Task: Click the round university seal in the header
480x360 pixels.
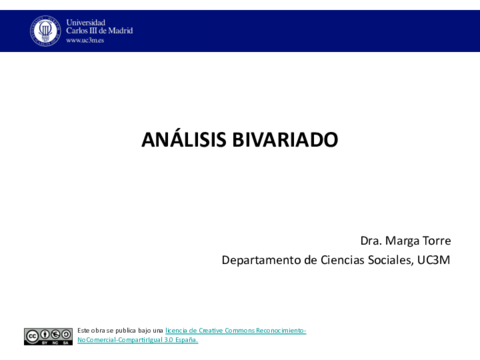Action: pos(45,31)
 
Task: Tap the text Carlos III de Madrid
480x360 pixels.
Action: pos(99,31)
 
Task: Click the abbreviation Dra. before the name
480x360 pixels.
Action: pos(372,241)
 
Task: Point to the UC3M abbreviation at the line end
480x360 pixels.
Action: pos(437,261)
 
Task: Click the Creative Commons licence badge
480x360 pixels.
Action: pos(48,336)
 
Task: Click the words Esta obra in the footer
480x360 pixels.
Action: pos(92,330)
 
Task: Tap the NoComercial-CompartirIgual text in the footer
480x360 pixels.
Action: pos(121,340)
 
